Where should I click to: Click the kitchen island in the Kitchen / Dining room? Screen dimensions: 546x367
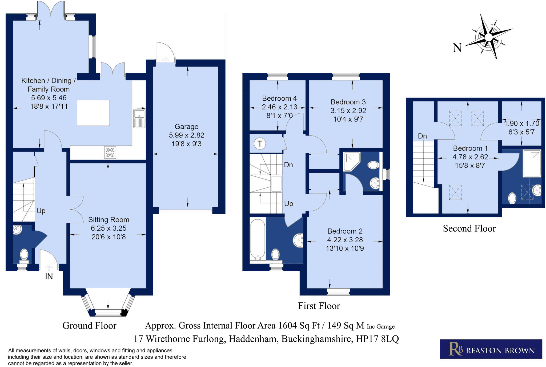point(93,113)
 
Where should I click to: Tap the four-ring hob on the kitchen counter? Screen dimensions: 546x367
point(110,152)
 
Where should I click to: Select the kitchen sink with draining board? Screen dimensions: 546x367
point(139,118)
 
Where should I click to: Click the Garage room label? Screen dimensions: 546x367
point(187,127)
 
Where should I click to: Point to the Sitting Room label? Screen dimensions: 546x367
point(109,220)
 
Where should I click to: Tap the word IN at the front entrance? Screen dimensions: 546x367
point(49,277)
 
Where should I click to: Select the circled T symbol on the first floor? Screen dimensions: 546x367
point(260,144)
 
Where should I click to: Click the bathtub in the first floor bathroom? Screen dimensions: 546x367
point(258,239)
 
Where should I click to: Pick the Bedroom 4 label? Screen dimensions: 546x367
point(279,98)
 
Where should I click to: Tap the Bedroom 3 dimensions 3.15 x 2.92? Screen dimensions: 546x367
point(348,111)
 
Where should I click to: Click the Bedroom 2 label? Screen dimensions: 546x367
point(345,231)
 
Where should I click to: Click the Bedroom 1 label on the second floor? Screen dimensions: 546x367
point(470,148)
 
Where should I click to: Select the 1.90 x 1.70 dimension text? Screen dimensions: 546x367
point(521,123)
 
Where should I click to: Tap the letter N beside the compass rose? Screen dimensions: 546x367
point(457,48)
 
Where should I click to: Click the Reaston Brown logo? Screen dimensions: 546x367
point(491,349)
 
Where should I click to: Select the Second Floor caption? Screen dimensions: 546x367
point(469,228)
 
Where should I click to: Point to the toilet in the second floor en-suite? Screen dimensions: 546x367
point(512,198)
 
